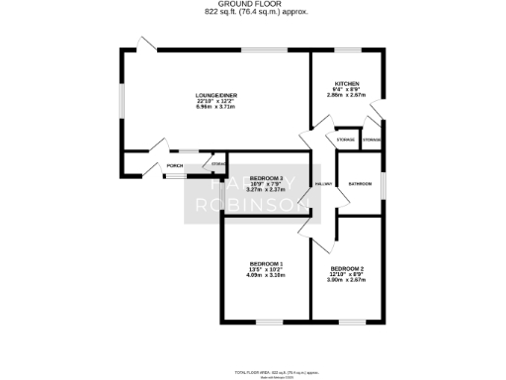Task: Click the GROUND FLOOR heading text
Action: [x=253, y=4]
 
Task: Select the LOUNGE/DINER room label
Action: [x=213, y=96]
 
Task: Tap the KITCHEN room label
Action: [x=346, y=83]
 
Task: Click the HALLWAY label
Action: [x=322, y=184]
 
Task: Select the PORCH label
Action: [x=174, y=165]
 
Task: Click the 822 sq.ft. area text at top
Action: [x=253, y=12]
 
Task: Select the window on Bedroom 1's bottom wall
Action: [x=267, y=320]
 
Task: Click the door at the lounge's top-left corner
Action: [x=146, y=47]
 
